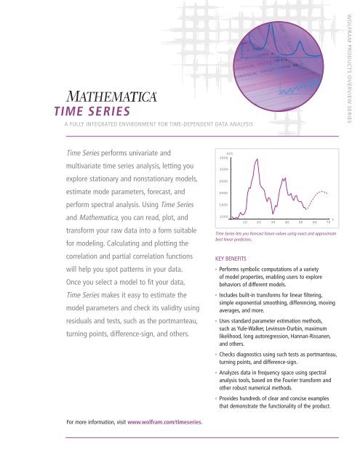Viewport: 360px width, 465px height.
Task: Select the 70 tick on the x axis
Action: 328,222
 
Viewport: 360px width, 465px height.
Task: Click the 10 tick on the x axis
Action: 246,222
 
